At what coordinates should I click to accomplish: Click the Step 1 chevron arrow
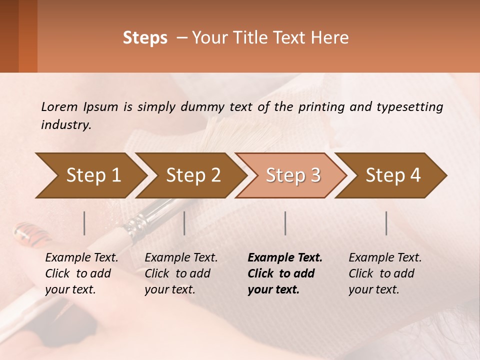(x=90, y=175)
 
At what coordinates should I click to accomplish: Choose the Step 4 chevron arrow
(x=392, y=175)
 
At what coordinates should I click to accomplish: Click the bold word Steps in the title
(x=145, y=38)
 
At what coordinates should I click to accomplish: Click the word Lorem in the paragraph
(x=59, y=106)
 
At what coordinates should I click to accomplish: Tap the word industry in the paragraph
(x=66, y=125)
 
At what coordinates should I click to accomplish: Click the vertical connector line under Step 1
(x=84, y=223)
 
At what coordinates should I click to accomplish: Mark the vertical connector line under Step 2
(x=184, y=223)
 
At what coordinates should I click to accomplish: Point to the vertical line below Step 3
(x=285, y=223)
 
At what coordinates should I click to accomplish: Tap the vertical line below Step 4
(x=386, y=223)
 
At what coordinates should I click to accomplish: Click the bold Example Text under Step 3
(x=285, y=258)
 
